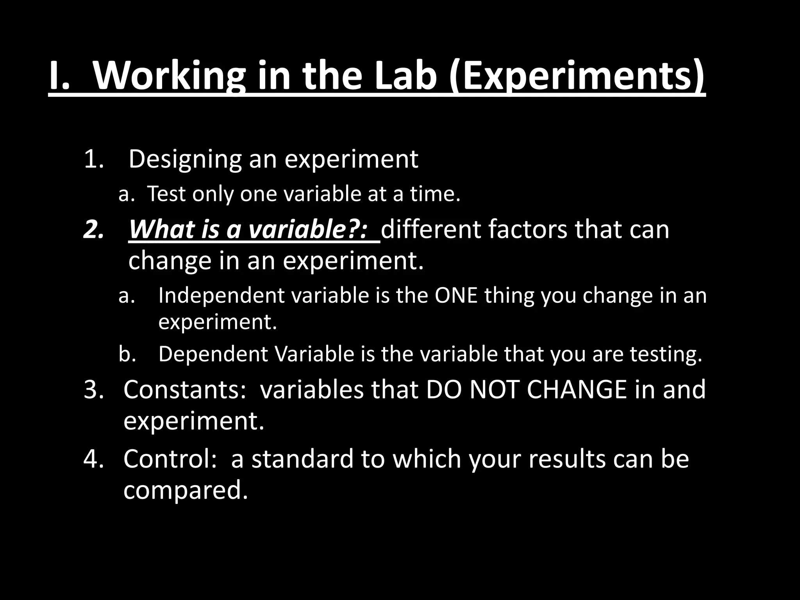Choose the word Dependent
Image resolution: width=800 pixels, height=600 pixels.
click(213, 354)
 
